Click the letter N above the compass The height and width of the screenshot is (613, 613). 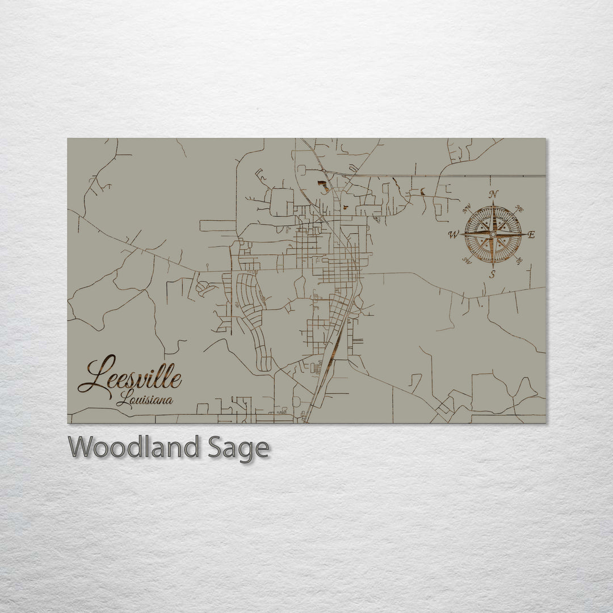pos(494,193)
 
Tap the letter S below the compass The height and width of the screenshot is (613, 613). pos(493,275)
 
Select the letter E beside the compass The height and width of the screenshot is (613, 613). pos(532,234)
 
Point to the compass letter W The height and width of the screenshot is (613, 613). pos(454,234)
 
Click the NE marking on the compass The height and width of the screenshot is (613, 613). pos(518,209)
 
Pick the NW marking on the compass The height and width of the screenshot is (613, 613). pos(468,209)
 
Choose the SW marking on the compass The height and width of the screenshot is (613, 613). pos(467,260)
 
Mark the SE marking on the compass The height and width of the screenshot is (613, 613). pos(518,260)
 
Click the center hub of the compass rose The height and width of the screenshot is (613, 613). pos(493,234)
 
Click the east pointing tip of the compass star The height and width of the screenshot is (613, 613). pos(526,234)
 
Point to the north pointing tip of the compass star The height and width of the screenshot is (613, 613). pos(493,201)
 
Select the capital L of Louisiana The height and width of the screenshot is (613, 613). pos(121,400)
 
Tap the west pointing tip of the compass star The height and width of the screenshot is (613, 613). pos(460,234)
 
